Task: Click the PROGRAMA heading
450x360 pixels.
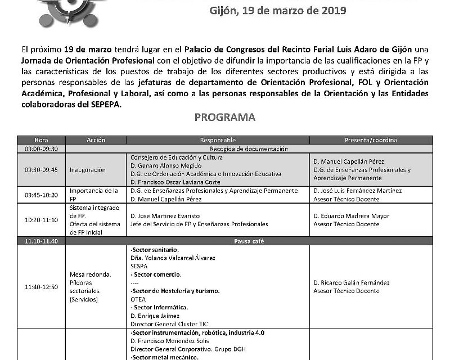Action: pyautogui.click(x=225, y=118)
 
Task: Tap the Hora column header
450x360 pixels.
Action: pyautogui.click(x=41, y=140)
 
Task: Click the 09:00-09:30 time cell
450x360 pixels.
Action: pyautogui.click(x=42, y=148)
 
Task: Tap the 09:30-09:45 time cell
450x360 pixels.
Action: pyautogui.click(x=42, y=169)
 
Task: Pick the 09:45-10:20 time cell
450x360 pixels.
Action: pyautogui.click(x=42, y=194)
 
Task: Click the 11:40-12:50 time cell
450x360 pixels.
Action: pyautogui.click(x=42, y=287)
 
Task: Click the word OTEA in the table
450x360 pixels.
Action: pyautogui.click(x=138, y=300)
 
